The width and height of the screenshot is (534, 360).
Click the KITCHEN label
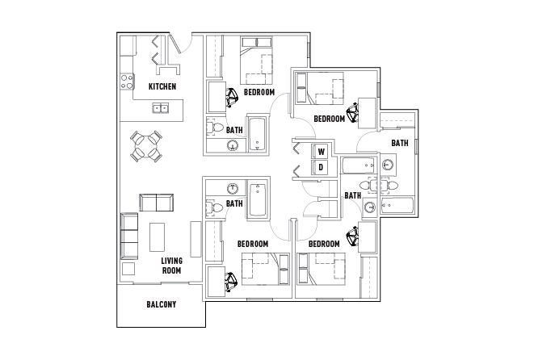[162, 86]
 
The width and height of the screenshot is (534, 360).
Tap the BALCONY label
[162, 304]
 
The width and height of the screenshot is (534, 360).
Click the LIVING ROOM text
[171, 266]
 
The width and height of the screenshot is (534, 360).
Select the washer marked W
[321, 152]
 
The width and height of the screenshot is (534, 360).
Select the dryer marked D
[321, 167]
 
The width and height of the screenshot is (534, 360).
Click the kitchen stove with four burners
[127, 82]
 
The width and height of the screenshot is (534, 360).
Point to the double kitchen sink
[161, 108]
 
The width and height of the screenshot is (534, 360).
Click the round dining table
[146, 146]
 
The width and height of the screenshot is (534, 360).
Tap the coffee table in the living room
[157, 237]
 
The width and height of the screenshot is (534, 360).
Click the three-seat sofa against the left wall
[129, 236]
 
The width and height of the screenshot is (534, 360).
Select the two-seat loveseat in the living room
[156, 203]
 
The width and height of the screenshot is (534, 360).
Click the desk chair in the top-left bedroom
[232, 98]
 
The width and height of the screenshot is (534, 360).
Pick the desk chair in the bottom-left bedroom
[232, 282]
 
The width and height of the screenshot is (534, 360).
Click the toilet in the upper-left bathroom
[214, 128]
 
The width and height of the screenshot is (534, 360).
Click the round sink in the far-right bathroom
[388, 165]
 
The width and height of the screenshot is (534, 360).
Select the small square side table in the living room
[128, 269]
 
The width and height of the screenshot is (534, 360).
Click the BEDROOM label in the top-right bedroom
[330, 119]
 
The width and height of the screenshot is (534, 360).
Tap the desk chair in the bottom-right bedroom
[353, 237]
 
